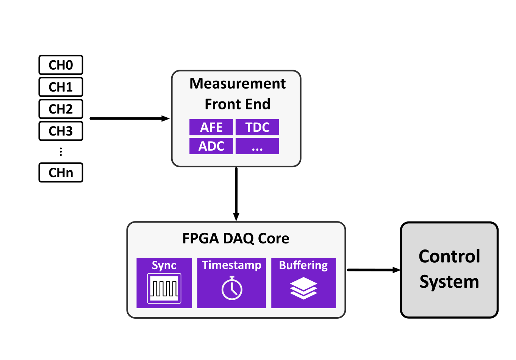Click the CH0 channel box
coord(61,65)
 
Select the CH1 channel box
coord(61,87)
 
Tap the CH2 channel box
coord(61,109)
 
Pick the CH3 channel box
coord(61,131)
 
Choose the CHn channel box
coord(61,173)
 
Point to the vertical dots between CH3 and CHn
coord(61,152)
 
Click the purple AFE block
coord(211,127)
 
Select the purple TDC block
coord(257,127)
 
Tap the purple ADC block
coord(211,146)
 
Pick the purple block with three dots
coord(257,146)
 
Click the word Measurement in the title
coord(238,84)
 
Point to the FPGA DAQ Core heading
coord(236,238)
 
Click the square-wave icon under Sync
coord(164,288)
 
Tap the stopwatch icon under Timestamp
coord(231,288)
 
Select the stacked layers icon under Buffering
coord(303,288)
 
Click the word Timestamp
coord(231,265)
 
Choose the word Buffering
coord(303,265)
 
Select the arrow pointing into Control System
coord(373,270)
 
